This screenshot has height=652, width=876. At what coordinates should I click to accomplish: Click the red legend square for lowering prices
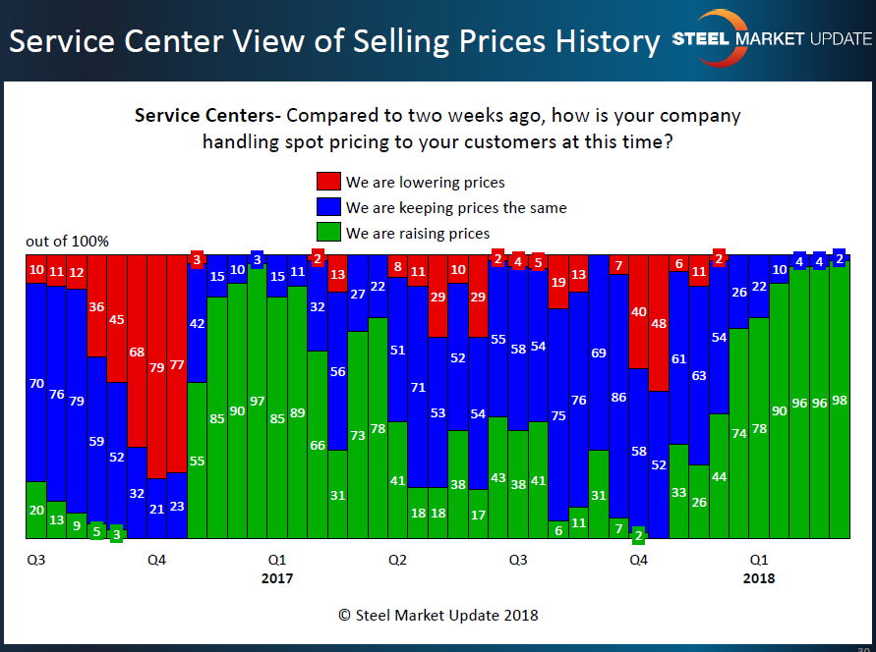click(328, 182)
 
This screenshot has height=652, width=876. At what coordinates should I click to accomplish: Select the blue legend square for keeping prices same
click(328, 207)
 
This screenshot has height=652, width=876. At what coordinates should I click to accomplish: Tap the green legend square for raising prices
click(328, 233)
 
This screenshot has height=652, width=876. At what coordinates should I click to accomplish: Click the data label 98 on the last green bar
click(840, 401)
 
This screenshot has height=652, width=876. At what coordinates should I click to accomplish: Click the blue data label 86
click(618, 398)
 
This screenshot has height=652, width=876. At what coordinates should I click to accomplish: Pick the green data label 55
click(197, 461)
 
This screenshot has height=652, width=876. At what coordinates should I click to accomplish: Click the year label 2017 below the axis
click(277, 578)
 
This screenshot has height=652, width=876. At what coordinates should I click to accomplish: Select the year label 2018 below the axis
click(758, 578)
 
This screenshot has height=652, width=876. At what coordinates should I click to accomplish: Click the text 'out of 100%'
click(68, 242)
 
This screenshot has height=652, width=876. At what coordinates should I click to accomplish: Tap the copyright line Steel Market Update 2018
click(438, 616)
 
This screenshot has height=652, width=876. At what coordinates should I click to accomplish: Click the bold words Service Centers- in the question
click(207, 116)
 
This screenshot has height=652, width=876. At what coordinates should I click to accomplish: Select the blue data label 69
click(599, 353)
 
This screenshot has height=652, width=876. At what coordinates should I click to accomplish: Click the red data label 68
click(137, 352)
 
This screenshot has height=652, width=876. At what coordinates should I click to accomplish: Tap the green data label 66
click(317, 445)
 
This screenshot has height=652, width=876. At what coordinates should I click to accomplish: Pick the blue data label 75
click(558, 415)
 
